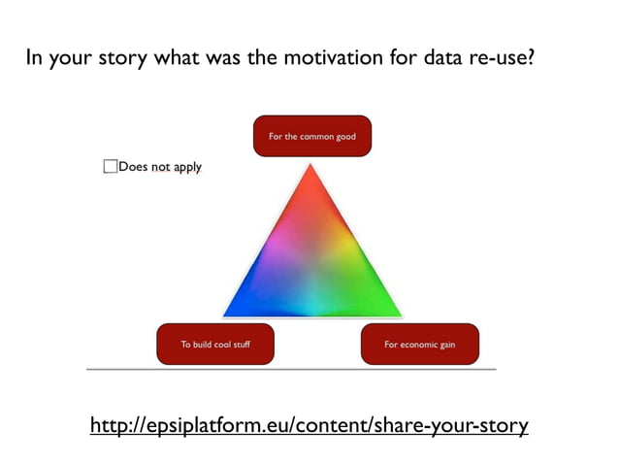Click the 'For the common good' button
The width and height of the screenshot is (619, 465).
(x=311, y=136)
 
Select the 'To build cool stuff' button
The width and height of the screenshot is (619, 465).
(x=215, y=344)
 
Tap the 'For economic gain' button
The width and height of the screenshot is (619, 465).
(x=419, y=344)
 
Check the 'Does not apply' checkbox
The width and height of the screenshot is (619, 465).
(x=110, y=167)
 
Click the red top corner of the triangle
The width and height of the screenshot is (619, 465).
(x=310, y=175)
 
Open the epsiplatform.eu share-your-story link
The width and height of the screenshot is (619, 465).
(x=309, y=425)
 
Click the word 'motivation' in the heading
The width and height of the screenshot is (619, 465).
(x=329, y=57)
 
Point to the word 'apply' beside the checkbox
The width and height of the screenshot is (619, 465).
(x=187, y=167)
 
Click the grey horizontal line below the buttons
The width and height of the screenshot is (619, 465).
(x=291, y=370)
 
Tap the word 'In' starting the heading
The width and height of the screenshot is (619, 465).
(x=35, y=57)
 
